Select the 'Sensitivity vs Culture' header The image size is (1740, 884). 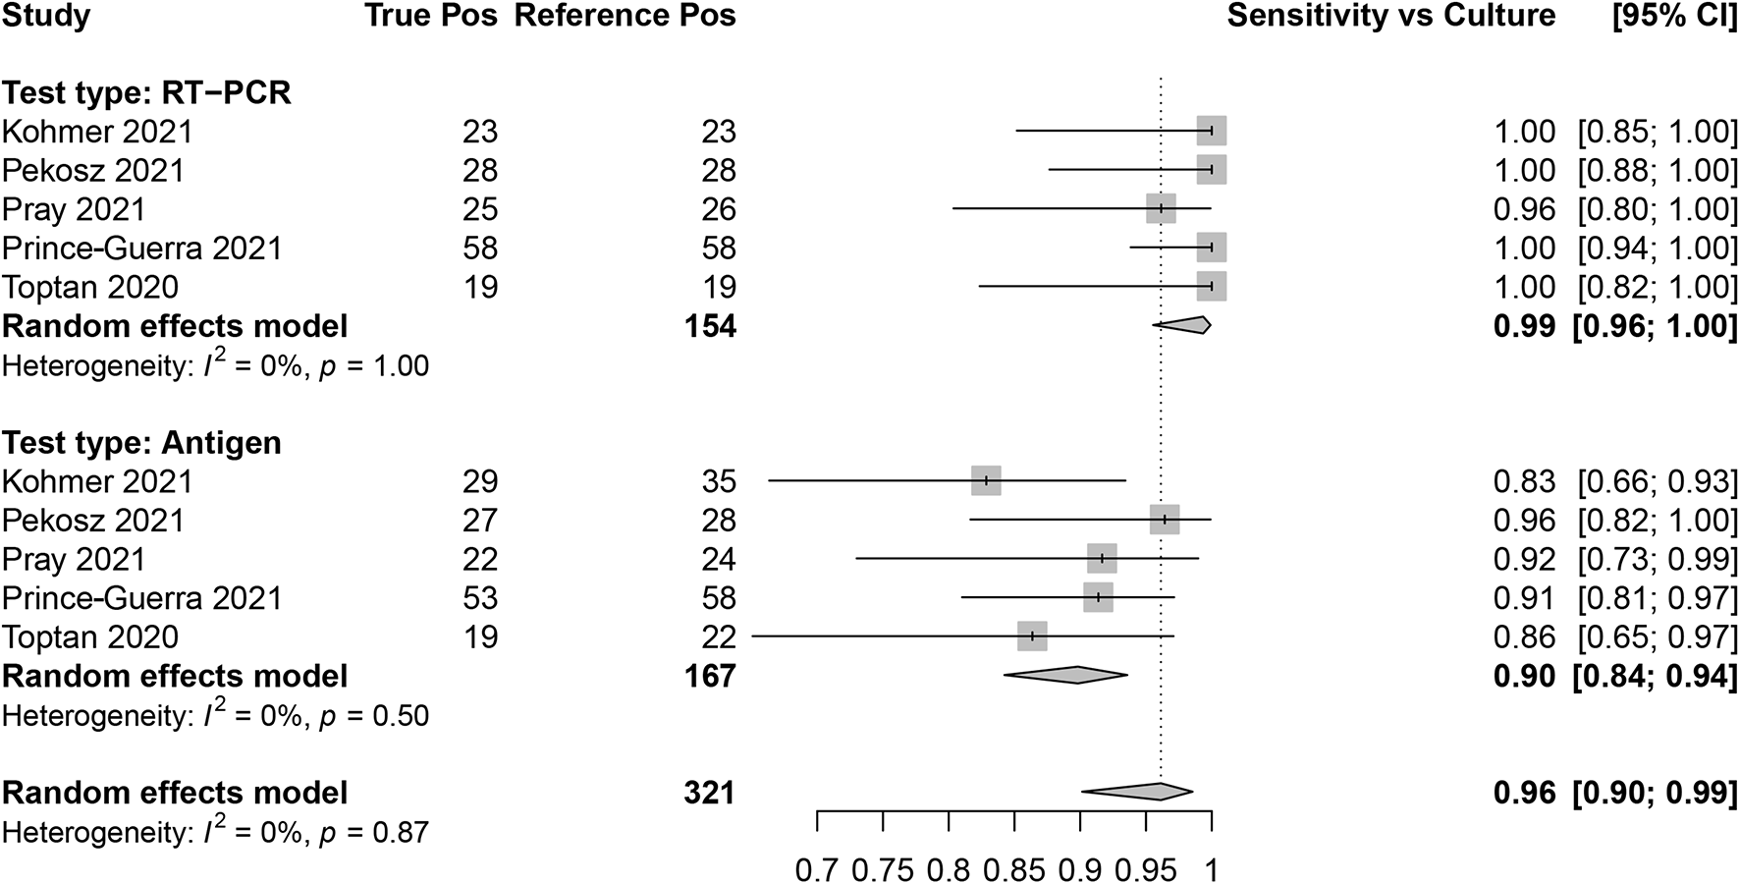coord(1390,16)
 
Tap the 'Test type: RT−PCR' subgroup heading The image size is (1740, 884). coord(146,93)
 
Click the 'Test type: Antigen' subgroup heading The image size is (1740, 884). coord(141,443)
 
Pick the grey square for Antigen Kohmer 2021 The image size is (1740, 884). coord(986,480)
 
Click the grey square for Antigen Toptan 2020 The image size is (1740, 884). coord(1032,636)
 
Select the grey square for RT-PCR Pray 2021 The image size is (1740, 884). coord(1161,208)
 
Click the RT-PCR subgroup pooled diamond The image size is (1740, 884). coord(1184,325)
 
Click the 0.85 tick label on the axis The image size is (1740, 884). coord(1013,869)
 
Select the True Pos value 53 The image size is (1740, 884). coord(480,598)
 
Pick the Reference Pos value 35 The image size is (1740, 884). coord(719,481)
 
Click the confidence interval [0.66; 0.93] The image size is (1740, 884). coord(1657,481)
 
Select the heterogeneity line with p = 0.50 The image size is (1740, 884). coord(215,716)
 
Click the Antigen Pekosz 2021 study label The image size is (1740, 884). coord(92,521)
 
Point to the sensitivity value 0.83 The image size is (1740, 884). coord(1524,481)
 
